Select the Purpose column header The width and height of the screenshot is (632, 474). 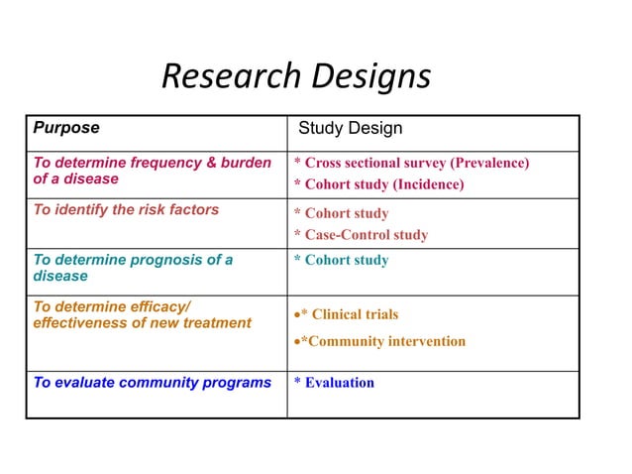66,128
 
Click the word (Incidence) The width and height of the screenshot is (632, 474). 426,184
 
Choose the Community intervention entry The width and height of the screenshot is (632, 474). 382,341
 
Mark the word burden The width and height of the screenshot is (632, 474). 245,163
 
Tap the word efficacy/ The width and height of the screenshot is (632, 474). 158,306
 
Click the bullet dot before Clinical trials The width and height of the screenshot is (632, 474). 296,314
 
